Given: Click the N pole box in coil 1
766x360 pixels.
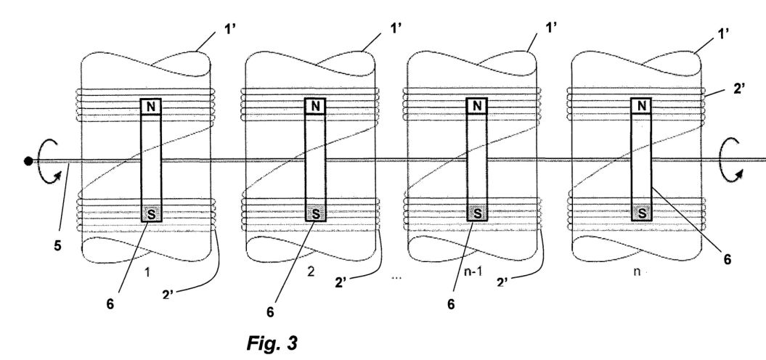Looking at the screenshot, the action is pos(150,107).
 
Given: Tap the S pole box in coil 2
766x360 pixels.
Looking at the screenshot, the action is pos(315,213).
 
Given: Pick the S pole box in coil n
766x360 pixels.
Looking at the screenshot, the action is pos(641,213).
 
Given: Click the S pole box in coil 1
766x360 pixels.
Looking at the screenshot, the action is pos(150,213).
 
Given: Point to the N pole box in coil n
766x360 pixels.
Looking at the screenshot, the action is pos(641,106).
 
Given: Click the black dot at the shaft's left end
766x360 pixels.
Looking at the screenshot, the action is pos(28,160).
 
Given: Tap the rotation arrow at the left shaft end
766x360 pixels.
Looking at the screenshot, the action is pos(49,161).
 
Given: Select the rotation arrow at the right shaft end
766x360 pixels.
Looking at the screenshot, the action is pos(731,160).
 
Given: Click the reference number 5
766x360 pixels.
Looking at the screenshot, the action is pos(57,246).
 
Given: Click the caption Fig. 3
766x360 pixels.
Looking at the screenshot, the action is pos(272,343).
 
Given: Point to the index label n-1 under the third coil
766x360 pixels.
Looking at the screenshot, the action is pos(473,272).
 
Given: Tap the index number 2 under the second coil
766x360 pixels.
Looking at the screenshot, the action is pos(311,272).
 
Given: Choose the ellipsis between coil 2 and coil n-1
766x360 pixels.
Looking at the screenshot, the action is pos(396,277).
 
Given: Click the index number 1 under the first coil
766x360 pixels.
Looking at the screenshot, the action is pos(147,273).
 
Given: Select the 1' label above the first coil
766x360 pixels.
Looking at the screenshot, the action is pos(231,29).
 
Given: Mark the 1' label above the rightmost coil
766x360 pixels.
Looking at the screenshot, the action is pos(723,33).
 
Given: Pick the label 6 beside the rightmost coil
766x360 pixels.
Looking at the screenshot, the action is pos(728,260).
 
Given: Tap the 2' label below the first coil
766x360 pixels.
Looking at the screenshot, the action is pos(168,294).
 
